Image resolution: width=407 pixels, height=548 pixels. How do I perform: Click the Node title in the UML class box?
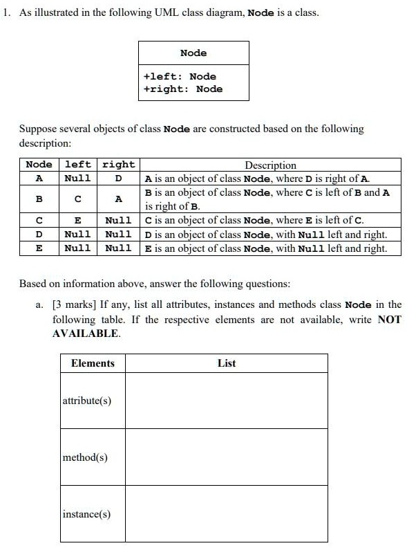tap(193, 53)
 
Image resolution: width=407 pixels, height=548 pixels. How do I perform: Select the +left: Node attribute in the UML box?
tap(180, 76)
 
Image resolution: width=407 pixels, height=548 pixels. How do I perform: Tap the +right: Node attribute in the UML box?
tap(183, 89)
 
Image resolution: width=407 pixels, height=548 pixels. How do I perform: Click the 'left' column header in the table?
tap(77, 165)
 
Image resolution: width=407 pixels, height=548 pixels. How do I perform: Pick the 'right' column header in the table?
tap(118, 165)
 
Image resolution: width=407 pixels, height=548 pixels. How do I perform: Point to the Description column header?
tap(270, 165)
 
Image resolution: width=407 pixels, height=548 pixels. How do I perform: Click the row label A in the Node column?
tap(39, 179)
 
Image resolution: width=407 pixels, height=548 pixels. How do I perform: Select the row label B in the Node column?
tap(39, 199)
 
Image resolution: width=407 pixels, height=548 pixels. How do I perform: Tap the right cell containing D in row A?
tap(118, 179)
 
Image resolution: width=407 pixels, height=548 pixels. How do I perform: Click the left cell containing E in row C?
tap(77, 221)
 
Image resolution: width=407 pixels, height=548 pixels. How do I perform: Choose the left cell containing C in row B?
tap(77, 199)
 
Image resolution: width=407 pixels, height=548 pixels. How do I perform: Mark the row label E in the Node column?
tap(39, 248)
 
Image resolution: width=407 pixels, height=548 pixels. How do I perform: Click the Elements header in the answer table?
tap(93, 363)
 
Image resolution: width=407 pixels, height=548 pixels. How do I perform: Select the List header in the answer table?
tap(227, 363)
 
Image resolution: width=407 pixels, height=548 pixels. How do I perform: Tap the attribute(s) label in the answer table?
tap(87, 401)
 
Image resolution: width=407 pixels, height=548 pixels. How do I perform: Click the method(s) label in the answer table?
tap(85, 457)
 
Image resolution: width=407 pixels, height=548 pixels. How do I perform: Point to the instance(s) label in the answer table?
tap(86, 514)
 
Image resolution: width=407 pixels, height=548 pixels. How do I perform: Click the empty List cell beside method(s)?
tap(227, 457)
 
